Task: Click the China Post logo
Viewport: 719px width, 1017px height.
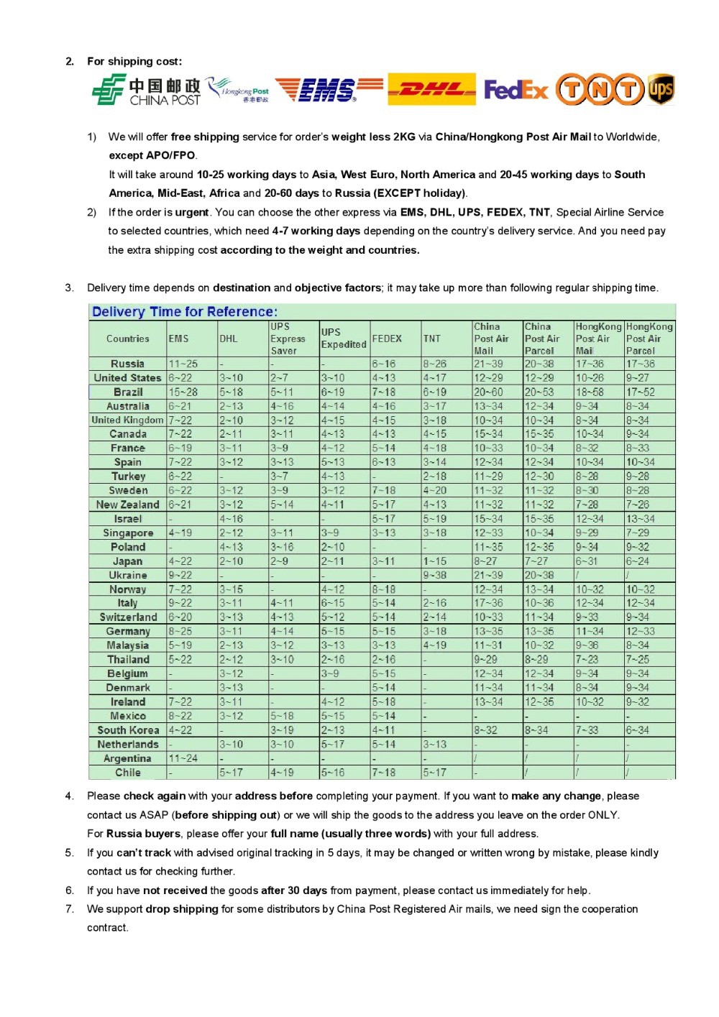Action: coord(146,91)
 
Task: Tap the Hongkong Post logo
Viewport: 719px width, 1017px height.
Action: coord(238,91)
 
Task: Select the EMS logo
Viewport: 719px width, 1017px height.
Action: coord(329,90)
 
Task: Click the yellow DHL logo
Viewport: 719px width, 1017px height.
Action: coord(431,89)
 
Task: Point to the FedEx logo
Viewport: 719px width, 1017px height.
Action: coord(516,90)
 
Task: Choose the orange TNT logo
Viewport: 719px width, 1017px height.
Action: coord(600,89)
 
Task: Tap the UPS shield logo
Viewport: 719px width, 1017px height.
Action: coord(661,89)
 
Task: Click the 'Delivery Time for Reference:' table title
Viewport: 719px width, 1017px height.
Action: coord(185,312)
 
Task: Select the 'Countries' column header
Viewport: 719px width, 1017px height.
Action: coord(128,339)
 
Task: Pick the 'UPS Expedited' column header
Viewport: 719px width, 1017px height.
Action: coord(344,339)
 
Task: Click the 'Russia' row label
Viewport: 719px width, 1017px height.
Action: coord(128,364)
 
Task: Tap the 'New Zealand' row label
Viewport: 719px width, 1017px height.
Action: coord(128,505)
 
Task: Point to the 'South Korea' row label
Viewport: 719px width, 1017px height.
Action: coord(128,730)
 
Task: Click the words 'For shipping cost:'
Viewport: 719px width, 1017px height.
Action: coord(134,61)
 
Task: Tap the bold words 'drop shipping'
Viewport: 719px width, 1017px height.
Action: coord(182,909)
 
